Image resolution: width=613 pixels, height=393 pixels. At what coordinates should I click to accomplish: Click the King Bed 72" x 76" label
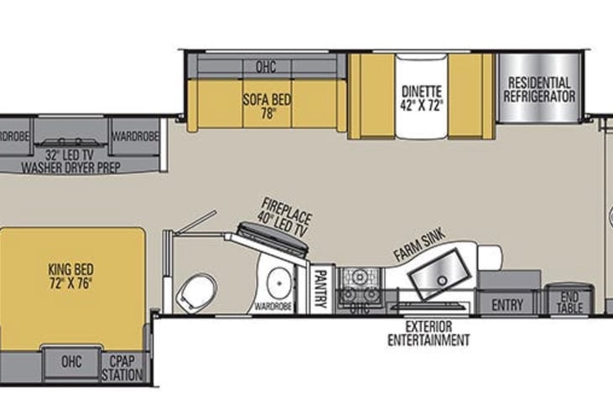[70, 276]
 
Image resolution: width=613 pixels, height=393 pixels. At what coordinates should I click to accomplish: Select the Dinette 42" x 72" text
[423, 97]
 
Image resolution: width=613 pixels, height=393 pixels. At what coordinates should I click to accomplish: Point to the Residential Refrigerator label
[539, 90]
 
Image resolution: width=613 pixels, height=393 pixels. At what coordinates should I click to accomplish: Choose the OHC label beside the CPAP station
[72, 363]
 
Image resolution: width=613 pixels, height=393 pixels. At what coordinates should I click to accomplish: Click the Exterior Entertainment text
[428, 333]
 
